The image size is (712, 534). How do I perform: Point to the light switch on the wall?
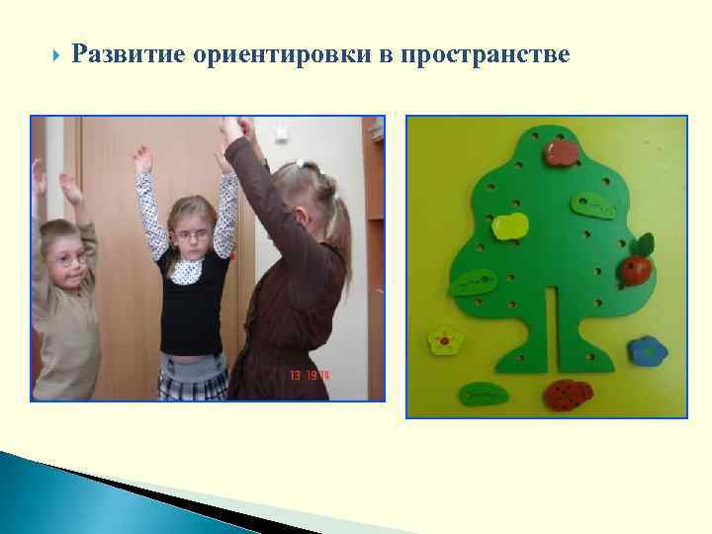point(280,132)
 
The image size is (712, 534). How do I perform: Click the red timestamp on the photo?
point(310,377)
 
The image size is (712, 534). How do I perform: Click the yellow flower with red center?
point(446,342)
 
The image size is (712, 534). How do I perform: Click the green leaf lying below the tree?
point(484,394)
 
